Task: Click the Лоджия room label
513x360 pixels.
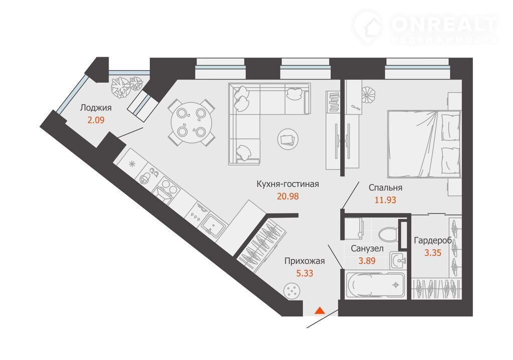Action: pos(96,108)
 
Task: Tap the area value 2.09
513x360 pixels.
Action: pos(96,120)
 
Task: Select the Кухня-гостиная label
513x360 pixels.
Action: pos(288,184)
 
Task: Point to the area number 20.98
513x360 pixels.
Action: pos(288,196)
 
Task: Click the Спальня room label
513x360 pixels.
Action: pos(385,188)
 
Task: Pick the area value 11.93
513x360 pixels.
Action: pos(385,200)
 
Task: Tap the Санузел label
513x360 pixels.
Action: pos(367,249)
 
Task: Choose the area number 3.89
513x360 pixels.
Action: pos(367,261)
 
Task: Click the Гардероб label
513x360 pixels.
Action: pos(433,241)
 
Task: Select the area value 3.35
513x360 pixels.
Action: pos(433,253)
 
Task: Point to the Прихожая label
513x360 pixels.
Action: pos(305,261)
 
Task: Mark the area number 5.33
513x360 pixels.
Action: pos(305,273)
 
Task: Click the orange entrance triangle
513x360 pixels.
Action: pos(320,310)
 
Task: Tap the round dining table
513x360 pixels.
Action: pos(191,123)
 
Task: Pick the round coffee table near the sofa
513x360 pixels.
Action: pos(288,139)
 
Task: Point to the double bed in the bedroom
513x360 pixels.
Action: pos(424,144)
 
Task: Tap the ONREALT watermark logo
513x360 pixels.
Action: pos(426,28)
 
